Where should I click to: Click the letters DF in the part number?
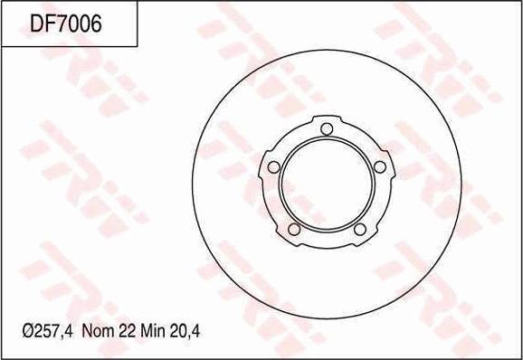point(43,24)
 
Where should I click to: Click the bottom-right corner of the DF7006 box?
point(138,46)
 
